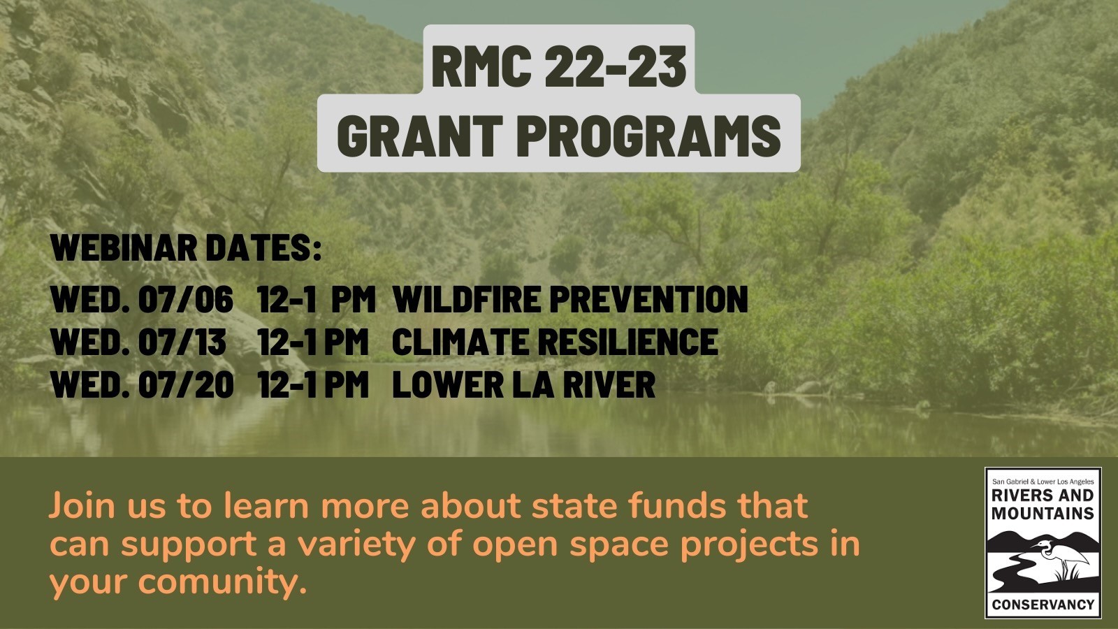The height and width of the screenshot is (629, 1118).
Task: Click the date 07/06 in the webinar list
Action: click(x=185, y=299)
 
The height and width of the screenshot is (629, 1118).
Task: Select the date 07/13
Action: click(x=182, y=342)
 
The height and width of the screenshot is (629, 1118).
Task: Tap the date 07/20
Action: click(x=185, y=385)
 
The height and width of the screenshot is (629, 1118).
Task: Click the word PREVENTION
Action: click(x=648, y=299)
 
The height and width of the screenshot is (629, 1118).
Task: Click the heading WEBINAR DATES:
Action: click(x=186, y=248)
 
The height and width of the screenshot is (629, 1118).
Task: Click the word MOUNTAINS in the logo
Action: click(x=1043, y=513)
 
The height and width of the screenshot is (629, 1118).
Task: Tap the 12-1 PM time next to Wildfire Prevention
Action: click(x=316, y=299)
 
